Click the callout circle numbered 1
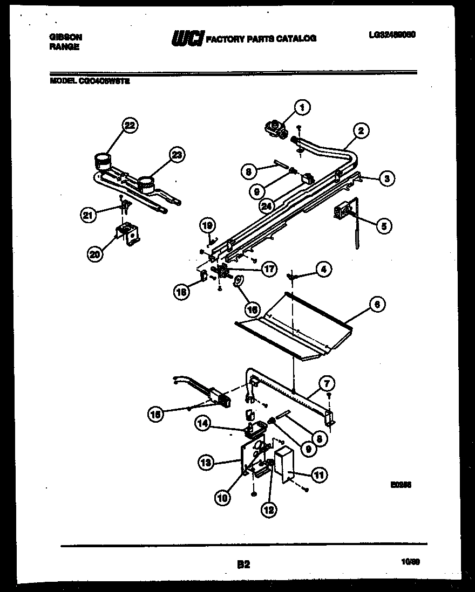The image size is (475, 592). (x=302, y=108)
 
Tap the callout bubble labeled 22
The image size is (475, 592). (x=128, y=126)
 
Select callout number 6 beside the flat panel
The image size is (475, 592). (x=377, y=305)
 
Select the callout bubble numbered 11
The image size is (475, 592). (x=318, y=475)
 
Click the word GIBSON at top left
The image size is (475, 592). (x=65, y=37)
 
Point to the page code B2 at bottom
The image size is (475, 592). (x=243, y=565)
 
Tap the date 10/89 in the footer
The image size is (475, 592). (x=411, y=562)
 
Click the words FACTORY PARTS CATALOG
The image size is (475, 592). (x=261, y=38)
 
